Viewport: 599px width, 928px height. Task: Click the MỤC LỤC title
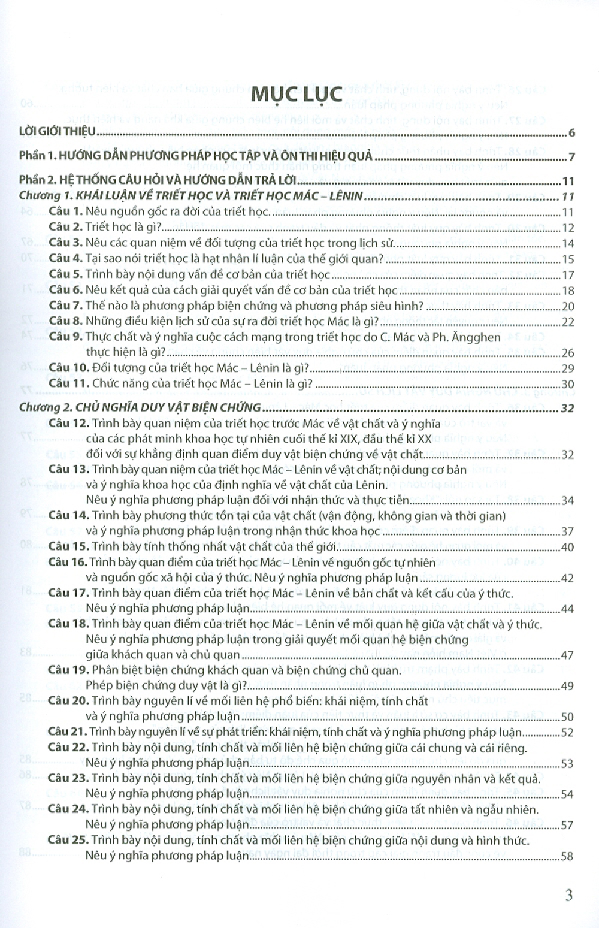[296, 94]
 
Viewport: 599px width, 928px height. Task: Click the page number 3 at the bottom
[568, 895]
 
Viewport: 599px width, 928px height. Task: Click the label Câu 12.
[68, 424]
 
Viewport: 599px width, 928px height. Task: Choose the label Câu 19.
[68, 670]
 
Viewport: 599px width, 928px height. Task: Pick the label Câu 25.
[68, 841]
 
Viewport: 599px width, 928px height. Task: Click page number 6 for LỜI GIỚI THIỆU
[571, 134]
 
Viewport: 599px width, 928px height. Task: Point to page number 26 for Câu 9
[568, 353]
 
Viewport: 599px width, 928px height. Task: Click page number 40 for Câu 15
[568, 547]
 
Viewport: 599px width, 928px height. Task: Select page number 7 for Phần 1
[571, 158]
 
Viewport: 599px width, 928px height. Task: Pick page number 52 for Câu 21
[568, 733]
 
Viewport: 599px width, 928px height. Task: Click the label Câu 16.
[68, 563]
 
